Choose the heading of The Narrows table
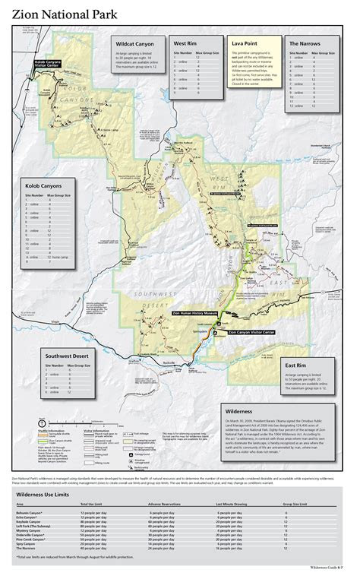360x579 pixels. (307, 44)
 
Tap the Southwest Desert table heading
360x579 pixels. (68, 356)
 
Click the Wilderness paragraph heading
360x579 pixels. (239, 410)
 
